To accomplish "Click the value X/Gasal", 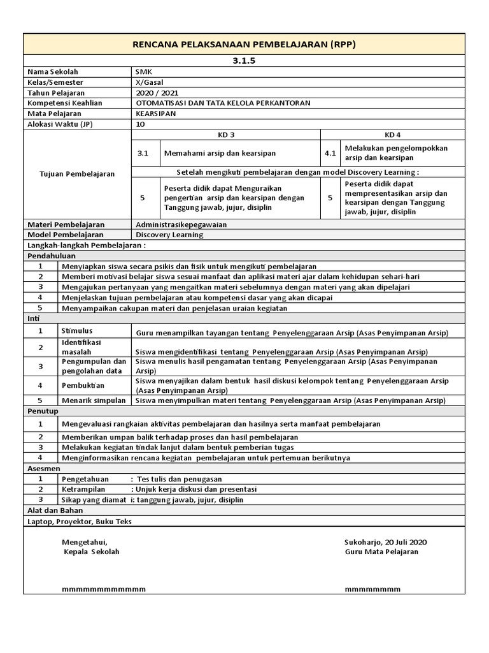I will [x=150, y=82].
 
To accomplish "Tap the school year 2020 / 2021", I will [x=155, y=92].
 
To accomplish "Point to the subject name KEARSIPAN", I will [x=157, y=113].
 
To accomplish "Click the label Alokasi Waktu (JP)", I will [x=59, y=123].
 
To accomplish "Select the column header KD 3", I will [x=226, y=135].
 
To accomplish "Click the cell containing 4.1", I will [x=330, y=154].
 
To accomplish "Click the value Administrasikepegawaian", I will [x=181, y=224].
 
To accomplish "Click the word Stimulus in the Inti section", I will [x=77, y=331].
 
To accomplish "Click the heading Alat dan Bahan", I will [x=55, y=510].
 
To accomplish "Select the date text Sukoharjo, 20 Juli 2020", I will [x=385, y=541].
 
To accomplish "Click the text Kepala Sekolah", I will [x=92, y=552].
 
